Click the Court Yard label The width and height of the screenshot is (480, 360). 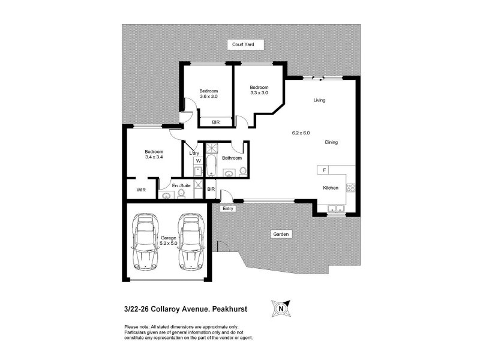point(243,44)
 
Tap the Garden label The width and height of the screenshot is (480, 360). point(281,234)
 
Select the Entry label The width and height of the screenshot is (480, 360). point(228,208)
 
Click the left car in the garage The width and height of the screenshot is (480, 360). point(145,241)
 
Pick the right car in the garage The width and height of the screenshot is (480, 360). point(191,241)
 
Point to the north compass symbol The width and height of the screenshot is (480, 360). point(281,308)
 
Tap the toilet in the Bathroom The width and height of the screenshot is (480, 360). point(242,172)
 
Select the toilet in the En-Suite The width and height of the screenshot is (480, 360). point(181,194)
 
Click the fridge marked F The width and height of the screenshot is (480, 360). point(323,170)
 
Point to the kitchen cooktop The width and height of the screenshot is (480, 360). point(351,188)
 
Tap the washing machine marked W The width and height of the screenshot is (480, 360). point(199,161)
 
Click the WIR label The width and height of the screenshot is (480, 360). point(141,190)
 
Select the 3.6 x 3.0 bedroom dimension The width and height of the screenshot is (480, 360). point(209,96)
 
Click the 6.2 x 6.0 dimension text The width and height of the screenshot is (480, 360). point(301,133)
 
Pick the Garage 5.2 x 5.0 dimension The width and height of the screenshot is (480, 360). point(169,243)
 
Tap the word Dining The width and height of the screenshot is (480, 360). point(331,142)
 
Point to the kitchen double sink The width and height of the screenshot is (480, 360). point(336,208)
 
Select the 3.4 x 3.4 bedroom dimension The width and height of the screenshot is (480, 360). point(154,157)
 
